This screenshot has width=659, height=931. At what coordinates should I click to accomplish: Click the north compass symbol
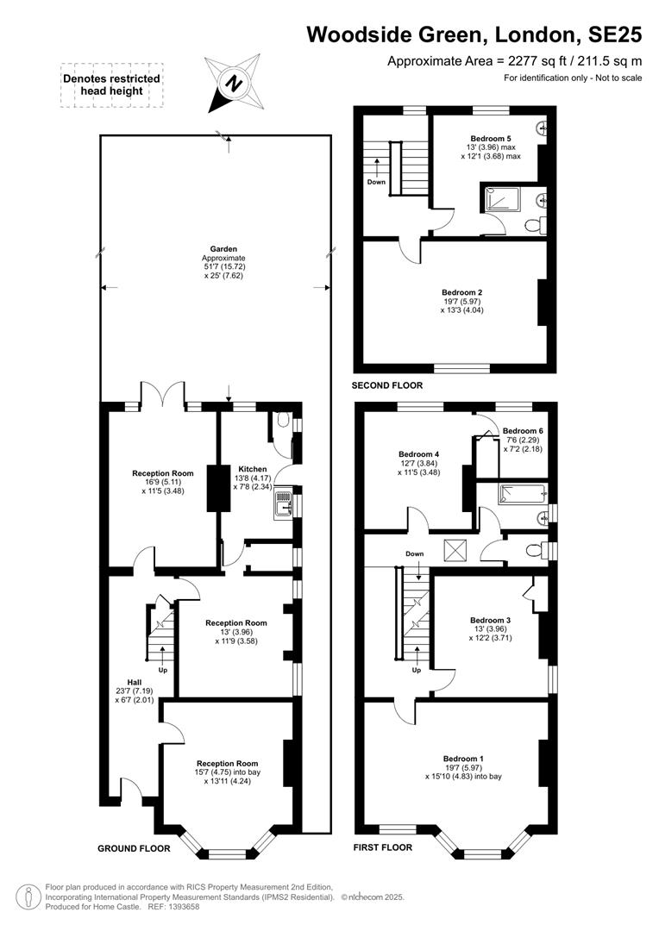[x=234, y=83]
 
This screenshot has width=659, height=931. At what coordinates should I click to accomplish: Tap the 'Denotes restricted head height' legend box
[x=112, y=84]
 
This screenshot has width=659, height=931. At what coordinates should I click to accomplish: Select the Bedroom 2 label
[x=461, y=292]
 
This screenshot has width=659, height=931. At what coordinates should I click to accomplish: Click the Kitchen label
[x=253, y=469]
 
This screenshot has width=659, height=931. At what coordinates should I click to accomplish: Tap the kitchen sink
[x=284, y=503]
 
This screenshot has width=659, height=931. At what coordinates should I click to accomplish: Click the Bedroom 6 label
[x=523, y=431]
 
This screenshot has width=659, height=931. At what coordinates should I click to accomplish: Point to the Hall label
[x=135, y=682]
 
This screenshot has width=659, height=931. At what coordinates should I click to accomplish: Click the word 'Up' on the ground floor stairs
[x=163, y=670]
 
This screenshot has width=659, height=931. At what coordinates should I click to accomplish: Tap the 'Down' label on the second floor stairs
[x=376, y=182]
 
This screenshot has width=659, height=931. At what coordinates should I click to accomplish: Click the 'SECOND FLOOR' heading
[x=387, y=385]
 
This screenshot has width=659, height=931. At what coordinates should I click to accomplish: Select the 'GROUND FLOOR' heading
[x=134, y=848]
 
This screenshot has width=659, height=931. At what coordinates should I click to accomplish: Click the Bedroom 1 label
[x=463, y=759]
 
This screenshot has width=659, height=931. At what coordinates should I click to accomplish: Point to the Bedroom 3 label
[x=490, y=620]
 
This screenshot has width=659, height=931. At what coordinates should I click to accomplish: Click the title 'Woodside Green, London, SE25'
[x=474, y=34]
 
